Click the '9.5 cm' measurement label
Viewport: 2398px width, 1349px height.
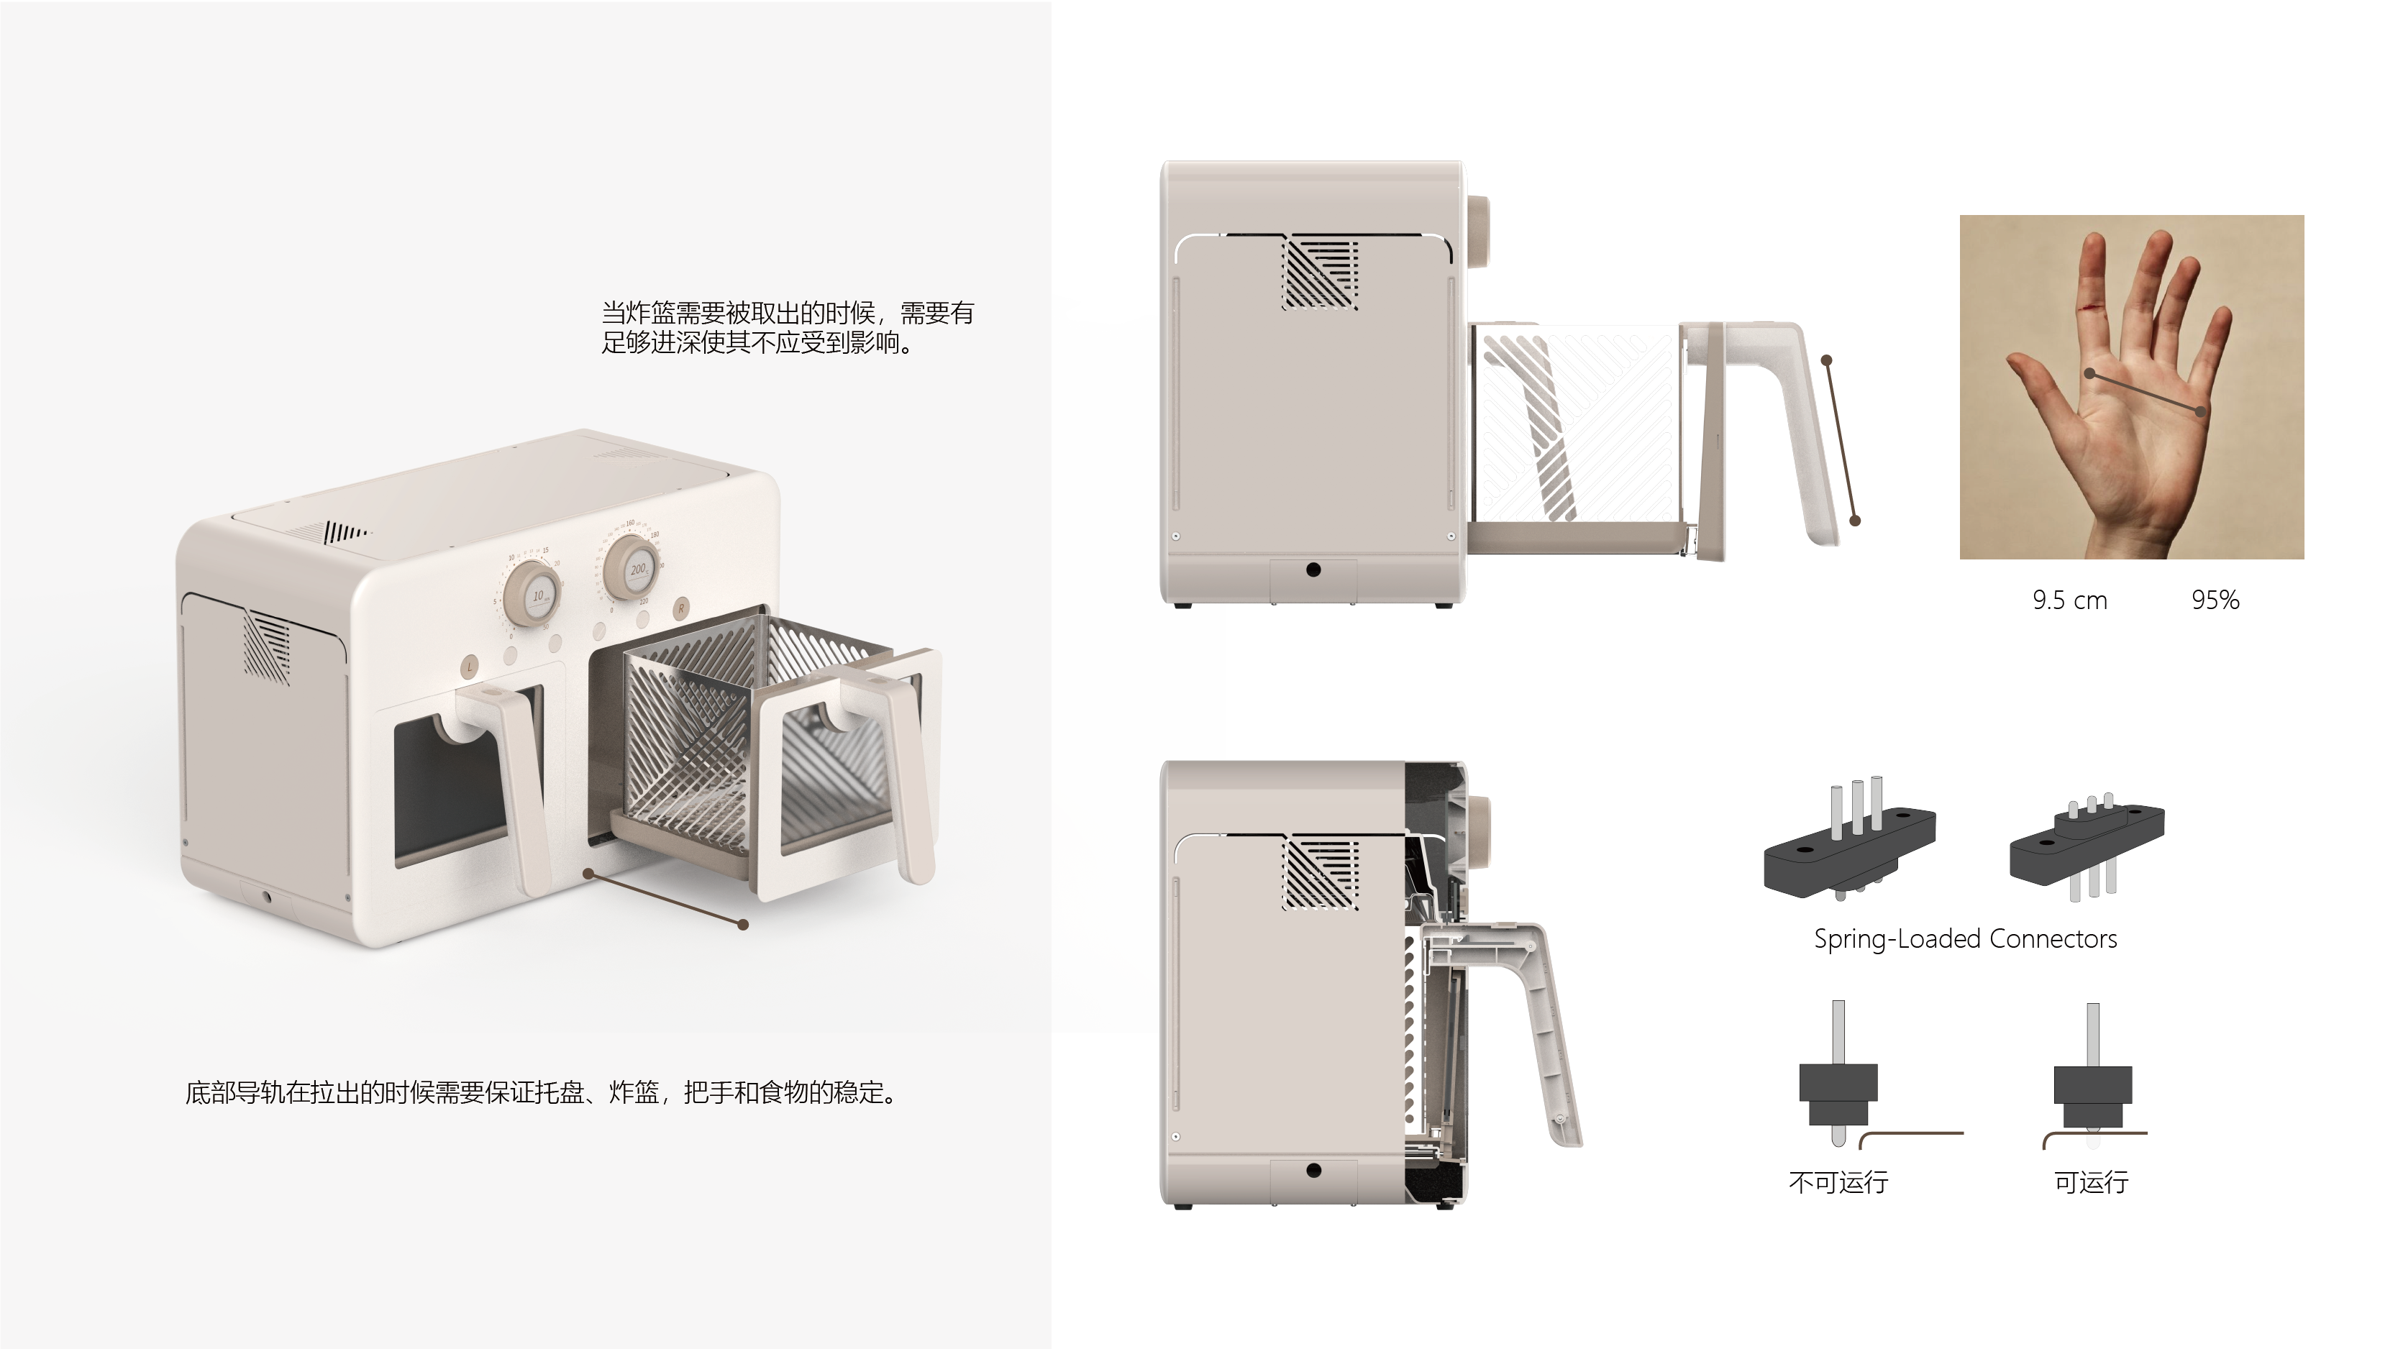click(x=2069, y=600)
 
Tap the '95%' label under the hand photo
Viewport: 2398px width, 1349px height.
click(x=2215, y=600)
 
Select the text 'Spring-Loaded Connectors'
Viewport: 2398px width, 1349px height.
click(x=1964, y=938)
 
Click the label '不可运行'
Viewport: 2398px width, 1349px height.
click(x=1838, y=1182)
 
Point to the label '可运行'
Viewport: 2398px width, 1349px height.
click(x=2091, y=1182)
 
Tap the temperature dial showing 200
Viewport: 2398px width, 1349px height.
click(x=633, y=566)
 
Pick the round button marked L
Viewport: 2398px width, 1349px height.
click(x=470, y=666)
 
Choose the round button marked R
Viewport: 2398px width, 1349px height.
click(x=681, y=608)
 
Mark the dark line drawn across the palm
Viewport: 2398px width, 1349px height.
click(x=2145, y=392)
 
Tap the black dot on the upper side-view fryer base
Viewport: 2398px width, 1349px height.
click(x=1313, y=570)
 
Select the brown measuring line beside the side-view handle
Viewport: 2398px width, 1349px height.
click(x=1841, y=439)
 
